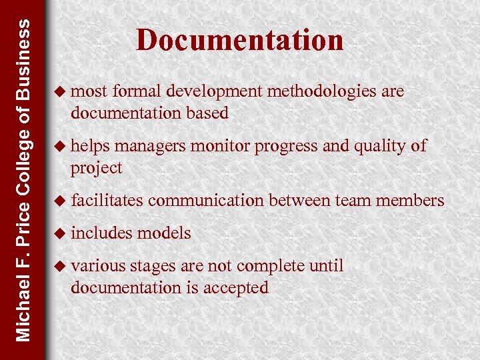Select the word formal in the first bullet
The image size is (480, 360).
(138, 91)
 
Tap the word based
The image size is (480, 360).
(207, 113)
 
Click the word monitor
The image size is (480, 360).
(215, 145)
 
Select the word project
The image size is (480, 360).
(97, 168)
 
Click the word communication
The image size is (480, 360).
(206, 200)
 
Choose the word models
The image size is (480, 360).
(164, 233)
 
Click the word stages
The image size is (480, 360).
(151, 265)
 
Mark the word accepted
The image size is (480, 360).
(237, 287)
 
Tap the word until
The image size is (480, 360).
(327, 265)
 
